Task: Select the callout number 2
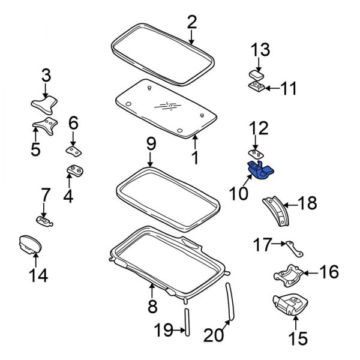[x=191, y=23]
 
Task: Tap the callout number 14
[x=36, y=276]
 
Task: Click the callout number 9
[x=151, y=143]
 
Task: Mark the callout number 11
[x=289, y=89]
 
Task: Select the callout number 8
[x=152, y=307]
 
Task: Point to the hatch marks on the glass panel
[x=168, y=106]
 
